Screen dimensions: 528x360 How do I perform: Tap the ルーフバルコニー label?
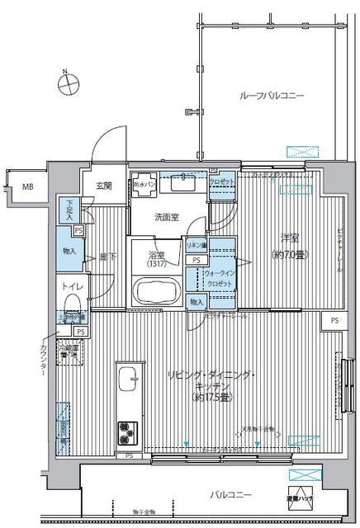(x=272, y=96)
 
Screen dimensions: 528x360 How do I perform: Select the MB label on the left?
(x=27, y=188)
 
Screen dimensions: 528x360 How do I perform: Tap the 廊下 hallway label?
(x=106, y=256)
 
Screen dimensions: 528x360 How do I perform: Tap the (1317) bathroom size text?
(x=157, y=264)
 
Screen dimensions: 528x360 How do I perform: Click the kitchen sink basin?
(x=128, y=380)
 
